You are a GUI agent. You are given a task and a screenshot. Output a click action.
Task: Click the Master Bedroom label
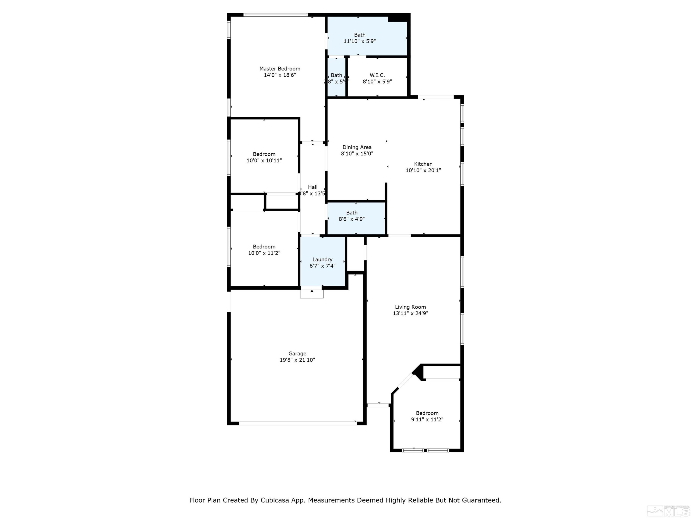[280, 69]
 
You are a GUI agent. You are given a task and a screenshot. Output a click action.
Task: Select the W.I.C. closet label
[377, 75]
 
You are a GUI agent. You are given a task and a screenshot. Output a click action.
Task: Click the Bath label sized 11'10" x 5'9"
[360, 35]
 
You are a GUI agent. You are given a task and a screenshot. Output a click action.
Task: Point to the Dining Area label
[357, 147]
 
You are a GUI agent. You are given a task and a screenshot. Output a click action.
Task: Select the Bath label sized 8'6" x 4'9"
[352, 213]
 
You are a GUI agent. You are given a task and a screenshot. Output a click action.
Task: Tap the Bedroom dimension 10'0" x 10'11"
[264, 160]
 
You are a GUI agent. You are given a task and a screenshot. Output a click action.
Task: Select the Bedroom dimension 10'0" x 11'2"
[264, 253]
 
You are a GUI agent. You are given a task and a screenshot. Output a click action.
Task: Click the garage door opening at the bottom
[297, 423]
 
